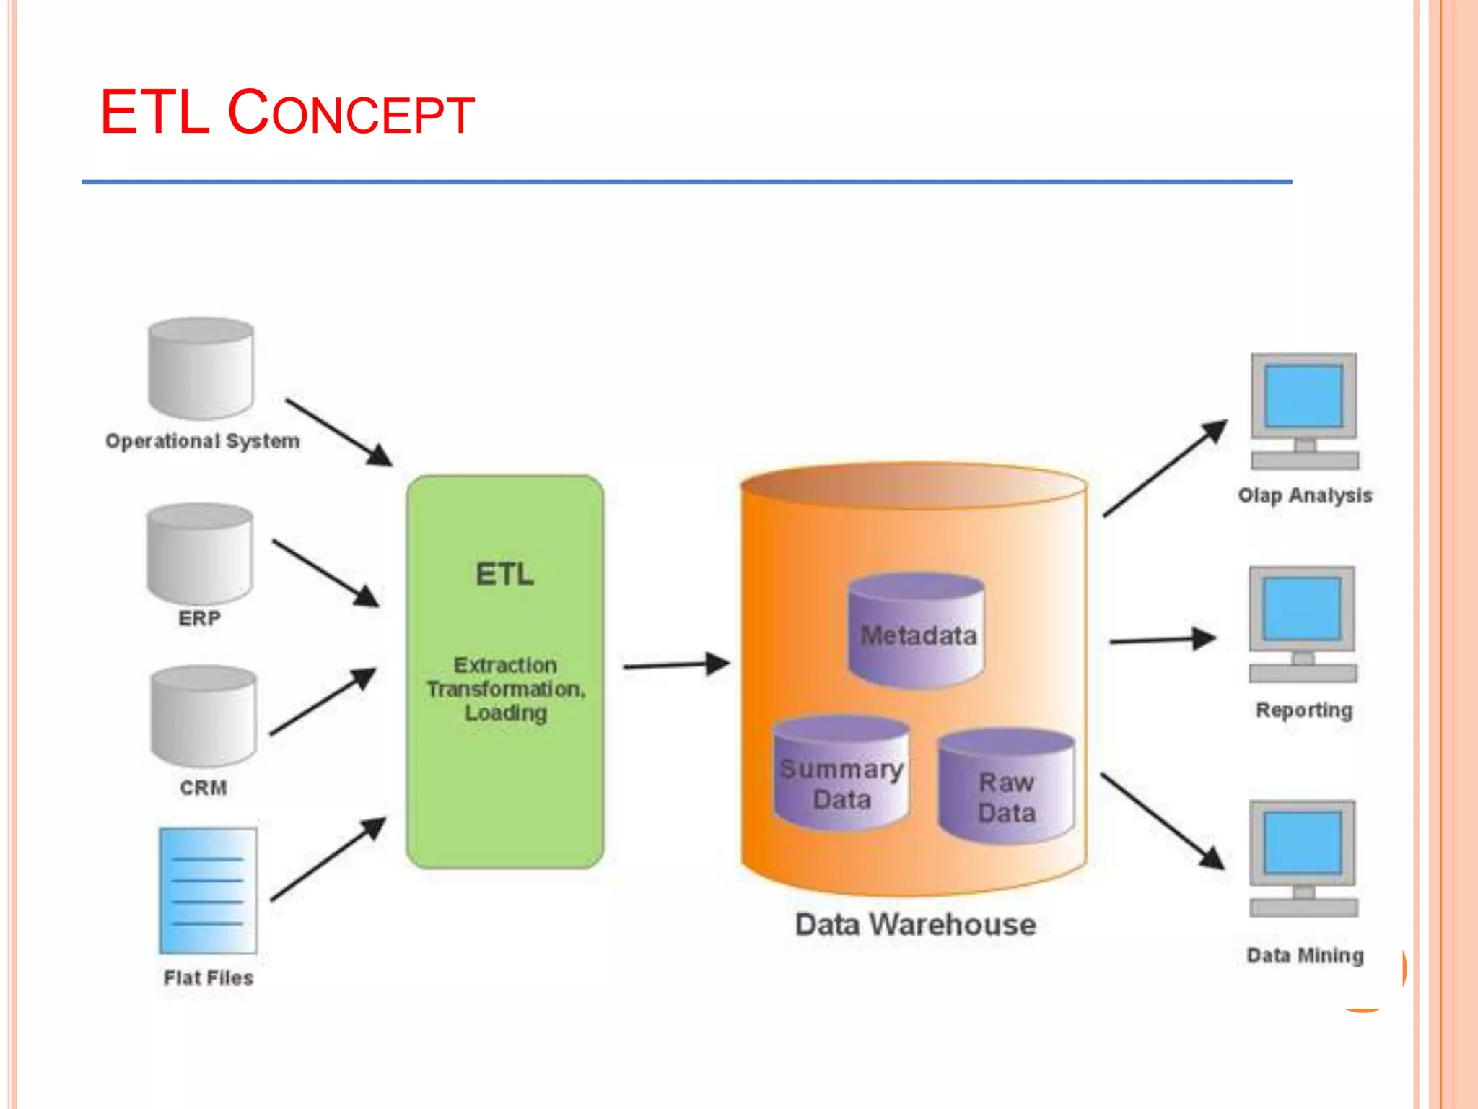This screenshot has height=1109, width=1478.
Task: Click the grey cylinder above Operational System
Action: (201, 369)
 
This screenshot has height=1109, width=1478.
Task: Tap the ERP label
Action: (199, 619)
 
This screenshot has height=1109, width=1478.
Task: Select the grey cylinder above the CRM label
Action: (204, 716)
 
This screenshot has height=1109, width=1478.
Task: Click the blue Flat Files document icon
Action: (208, 890)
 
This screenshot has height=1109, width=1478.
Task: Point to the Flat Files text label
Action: (209, 978)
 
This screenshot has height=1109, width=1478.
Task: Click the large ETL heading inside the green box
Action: (504, 575)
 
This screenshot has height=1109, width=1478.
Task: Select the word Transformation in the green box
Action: (504, 690)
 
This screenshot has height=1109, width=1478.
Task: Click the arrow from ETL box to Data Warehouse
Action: (675, 664)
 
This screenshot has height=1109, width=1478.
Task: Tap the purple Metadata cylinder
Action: (916, 631)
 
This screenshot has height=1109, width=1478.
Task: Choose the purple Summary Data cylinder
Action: (841, 773)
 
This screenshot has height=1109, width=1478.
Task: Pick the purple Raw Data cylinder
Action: (1006, 787)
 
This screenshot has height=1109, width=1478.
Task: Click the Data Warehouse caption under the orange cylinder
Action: (915, 925)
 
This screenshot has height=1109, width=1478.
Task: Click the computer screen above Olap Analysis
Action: (1303, 396)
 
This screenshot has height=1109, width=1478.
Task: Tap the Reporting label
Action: (1304, 710)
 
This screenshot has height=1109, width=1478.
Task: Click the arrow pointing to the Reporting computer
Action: (1162, 640)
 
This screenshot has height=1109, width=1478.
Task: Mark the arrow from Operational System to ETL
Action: (338, 432)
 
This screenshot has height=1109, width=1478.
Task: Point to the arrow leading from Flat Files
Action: (328, 859)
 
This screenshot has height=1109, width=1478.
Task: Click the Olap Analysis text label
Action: (1305, 495)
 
